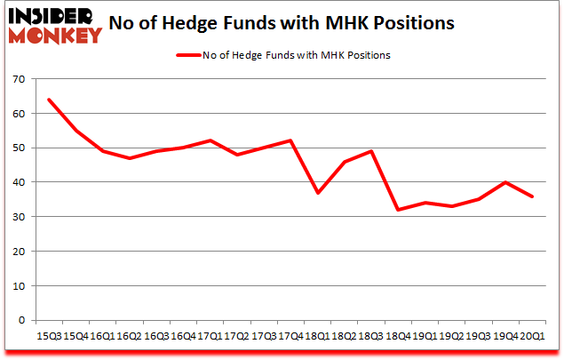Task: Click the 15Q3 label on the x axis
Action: tap(48, 335)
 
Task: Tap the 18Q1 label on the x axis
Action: tap(318, 335)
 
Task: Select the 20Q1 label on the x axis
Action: tap(534, 335)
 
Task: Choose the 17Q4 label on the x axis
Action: tap(290, 335)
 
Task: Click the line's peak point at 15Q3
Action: tap(48, 100)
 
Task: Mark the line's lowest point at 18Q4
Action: tap(399, 210)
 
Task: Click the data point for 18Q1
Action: tap(318, 193)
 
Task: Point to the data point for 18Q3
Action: tap(372, 151)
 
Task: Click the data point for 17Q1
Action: tap(210, 140)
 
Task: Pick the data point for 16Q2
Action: tap(129, 158)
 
